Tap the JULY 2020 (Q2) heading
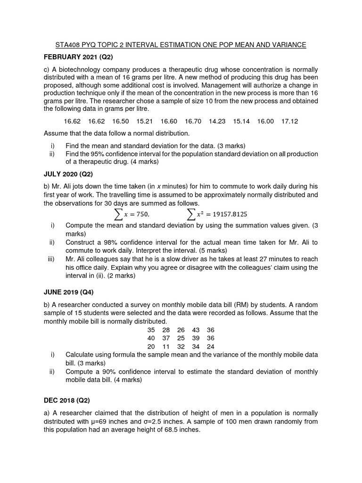click(68, 174)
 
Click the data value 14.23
click(217, 121)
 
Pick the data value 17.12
click(289, 121)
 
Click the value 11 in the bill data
click(166, 346)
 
